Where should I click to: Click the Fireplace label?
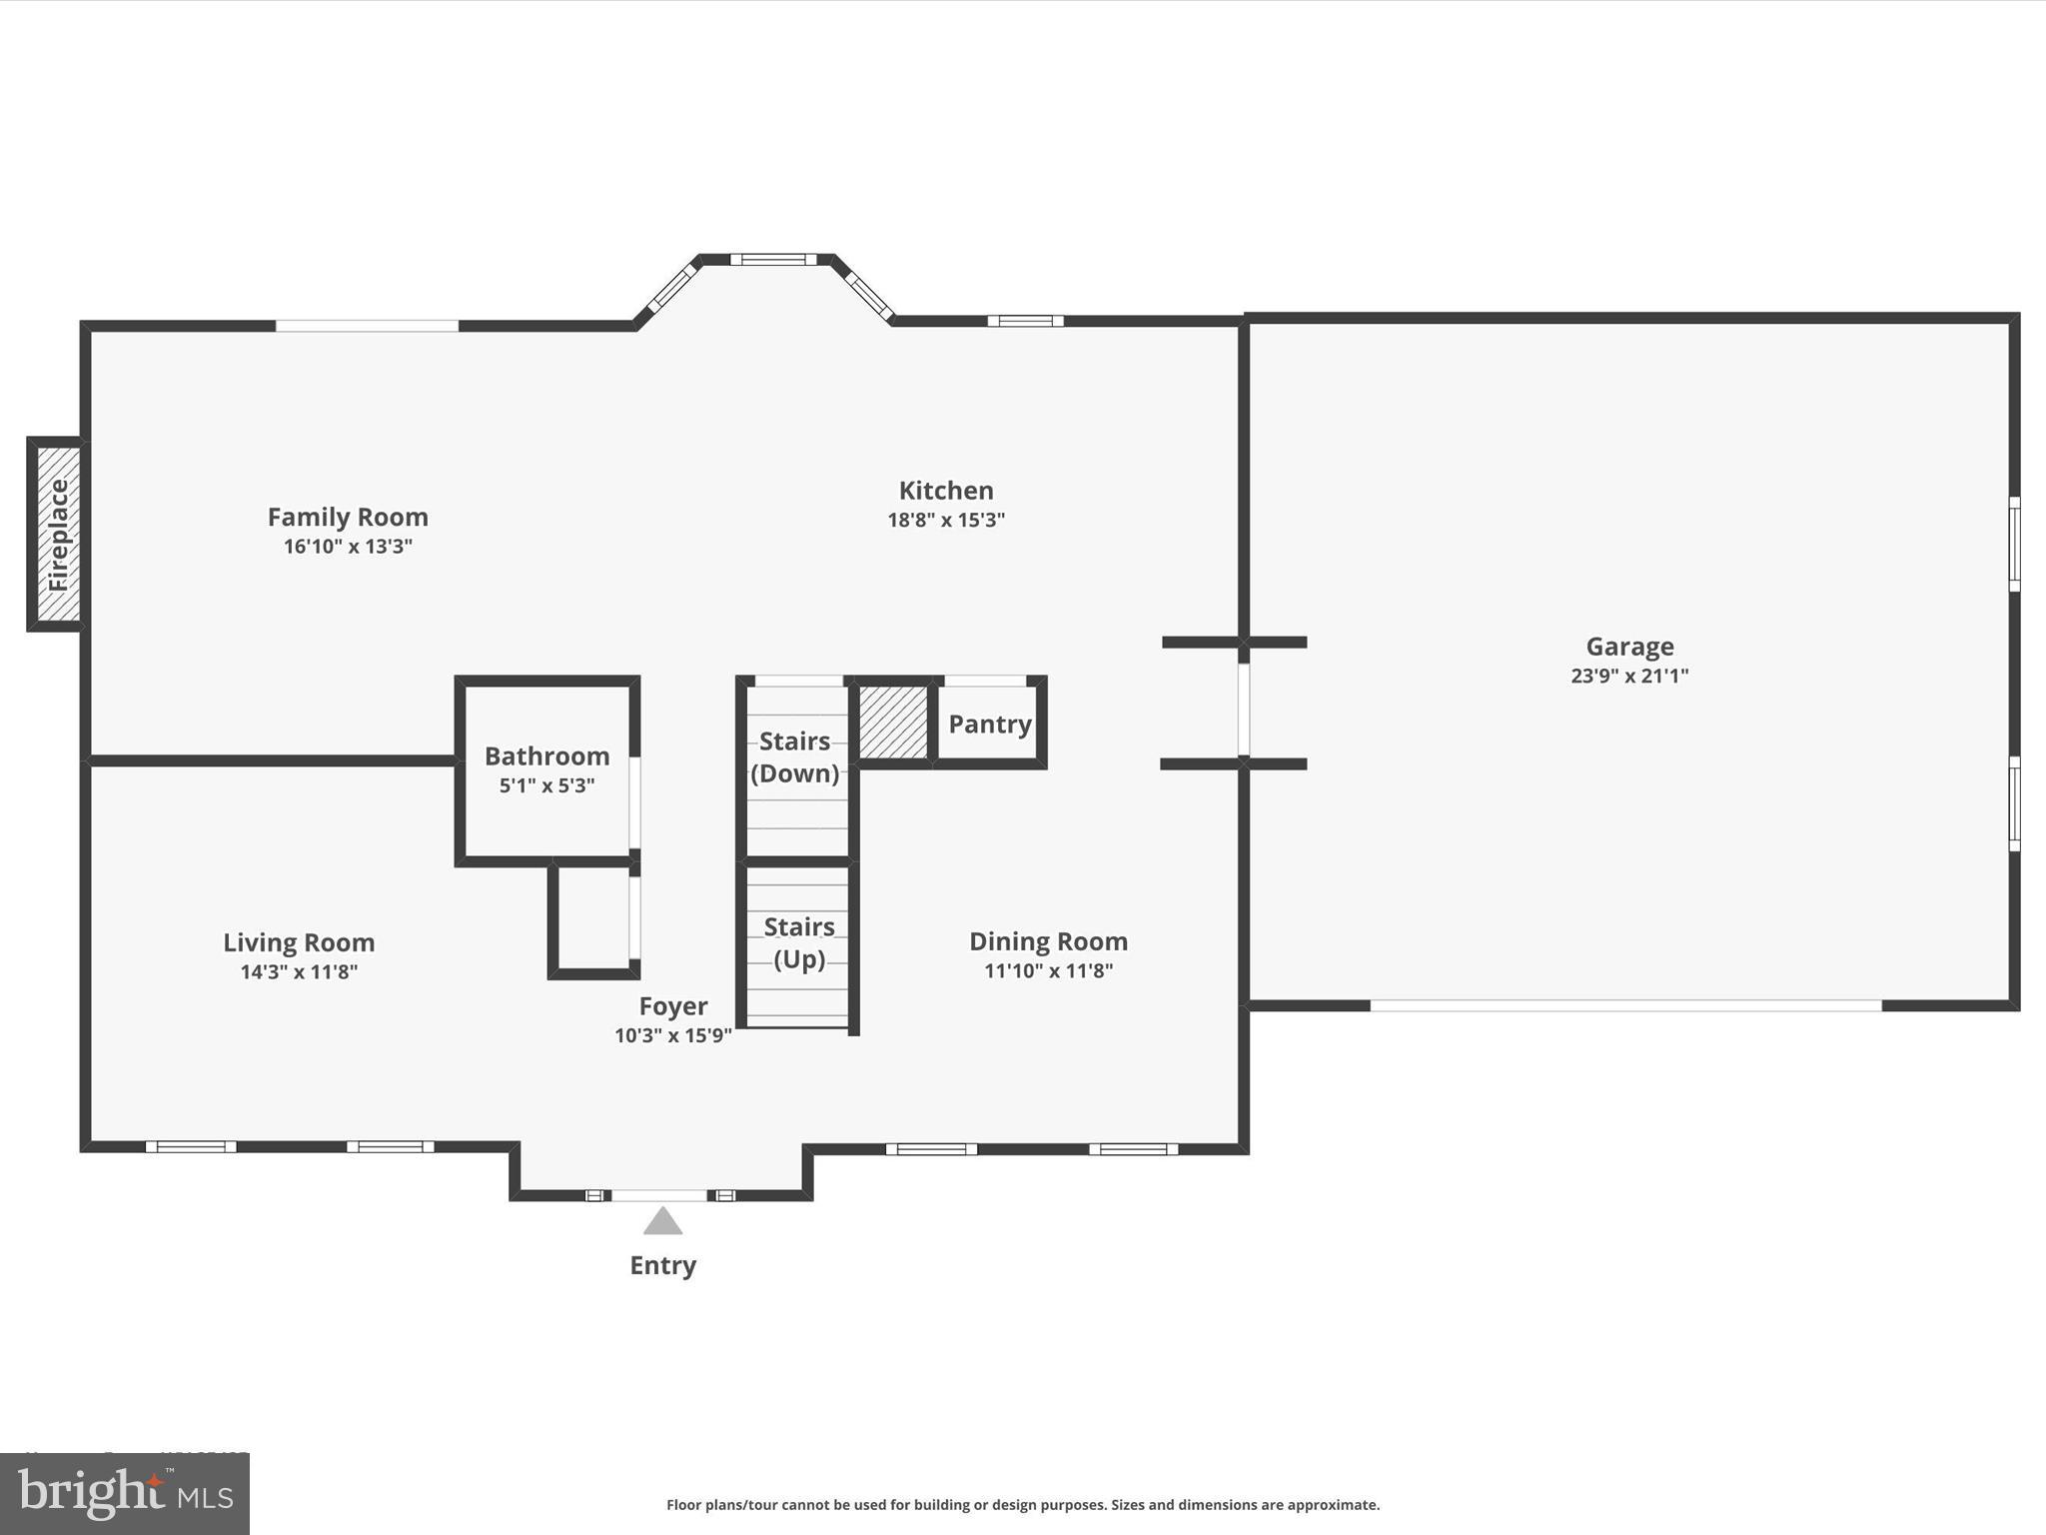coord(58,535)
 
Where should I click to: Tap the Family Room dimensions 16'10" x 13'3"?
coord(348,547)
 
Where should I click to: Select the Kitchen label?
coord(946,491)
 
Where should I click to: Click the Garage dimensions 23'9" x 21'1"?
coord(1629,676)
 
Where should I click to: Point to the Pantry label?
coord(989,724)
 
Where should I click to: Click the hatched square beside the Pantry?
coord(893,722)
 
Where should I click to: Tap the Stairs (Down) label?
coord(795,757)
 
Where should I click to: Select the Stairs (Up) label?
coord(799,942)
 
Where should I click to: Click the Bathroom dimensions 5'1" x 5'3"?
coord(546,785)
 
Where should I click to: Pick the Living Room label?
coord(299,942)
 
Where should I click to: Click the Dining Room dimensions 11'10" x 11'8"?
coord(1048,970)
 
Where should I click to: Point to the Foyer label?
coord(673,1005)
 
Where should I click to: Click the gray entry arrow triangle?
coord(662,1222)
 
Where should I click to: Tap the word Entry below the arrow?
coord(662,1265)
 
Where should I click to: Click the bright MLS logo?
coord(125,1493)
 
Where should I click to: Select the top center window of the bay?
coord(773,260)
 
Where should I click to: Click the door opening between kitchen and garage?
coord(1244,704)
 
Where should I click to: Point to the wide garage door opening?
coord(1625,1005)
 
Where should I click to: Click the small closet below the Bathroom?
coord(593,919)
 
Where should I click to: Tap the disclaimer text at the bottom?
coord(1023,1505)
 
